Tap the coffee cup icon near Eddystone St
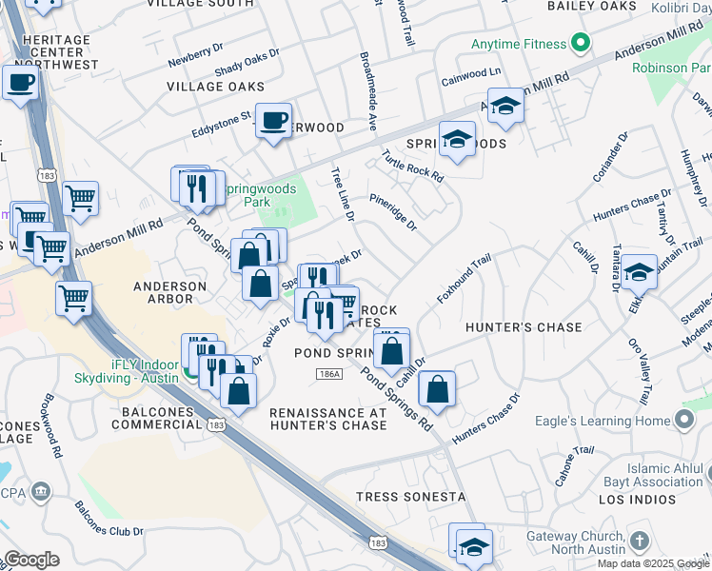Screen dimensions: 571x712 pos(274,121)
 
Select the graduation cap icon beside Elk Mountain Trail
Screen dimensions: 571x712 pos(640,271)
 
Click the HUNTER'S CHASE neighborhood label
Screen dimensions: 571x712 pos(523,327)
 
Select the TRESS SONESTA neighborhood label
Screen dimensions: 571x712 pos(410,497)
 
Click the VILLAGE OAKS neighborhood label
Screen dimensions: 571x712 pos(215,87)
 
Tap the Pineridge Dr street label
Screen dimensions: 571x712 pos(393,212)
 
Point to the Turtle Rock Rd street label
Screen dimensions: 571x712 pos(412,166)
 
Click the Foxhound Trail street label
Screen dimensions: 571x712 pos(464,278)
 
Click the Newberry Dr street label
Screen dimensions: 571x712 pos(195,57)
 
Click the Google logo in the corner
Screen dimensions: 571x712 pos(31,560)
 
